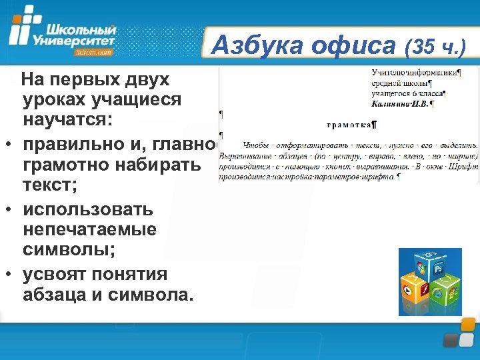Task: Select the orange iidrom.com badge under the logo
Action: (95, 52)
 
